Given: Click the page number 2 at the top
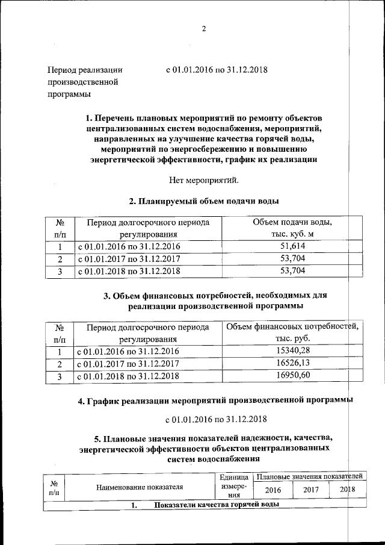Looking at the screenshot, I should pos(204,29).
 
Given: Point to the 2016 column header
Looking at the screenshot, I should pos(273,490).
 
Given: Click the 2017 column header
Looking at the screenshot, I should pos(310,490).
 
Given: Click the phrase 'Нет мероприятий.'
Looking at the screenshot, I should pos(205,179).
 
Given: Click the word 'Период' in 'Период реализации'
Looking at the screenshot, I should pos(62,70).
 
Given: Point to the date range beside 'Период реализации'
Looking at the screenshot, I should pos(217,70).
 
